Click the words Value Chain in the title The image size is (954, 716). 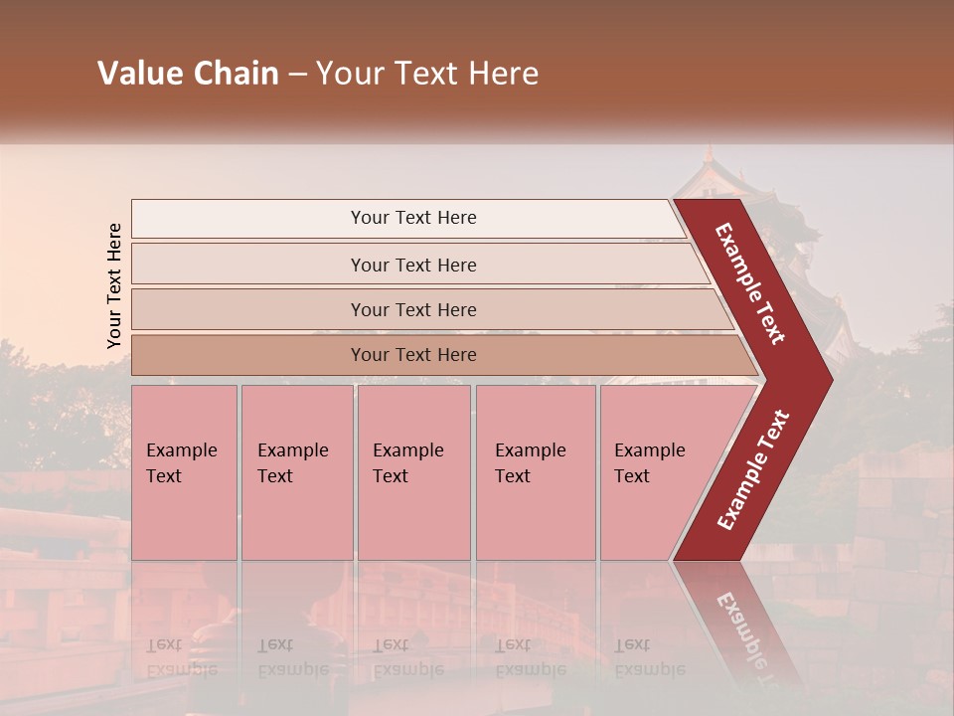tap(188, 74)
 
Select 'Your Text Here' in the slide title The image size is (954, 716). tap(427, 74)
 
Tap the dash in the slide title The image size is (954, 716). tap(297, 75)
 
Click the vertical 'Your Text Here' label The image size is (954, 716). tap(114, 285)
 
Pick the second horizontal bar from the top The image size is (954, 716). tap(248, 265)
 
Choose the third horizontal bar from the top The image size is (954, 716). tap(248, 309)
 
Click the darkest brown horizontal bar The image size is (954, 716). tap(248, 355)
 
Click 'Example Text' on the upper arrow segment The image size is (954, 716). tap(750, 283)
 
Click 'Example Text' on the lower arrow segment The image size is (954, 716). tap(753, 470)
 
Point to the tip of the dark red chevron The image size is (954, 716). tap(830, 380)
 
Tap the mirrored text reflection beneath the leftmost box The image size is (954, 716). tap(181, 657)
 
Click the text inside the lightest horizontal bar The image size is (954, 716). tap(413, 218)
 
